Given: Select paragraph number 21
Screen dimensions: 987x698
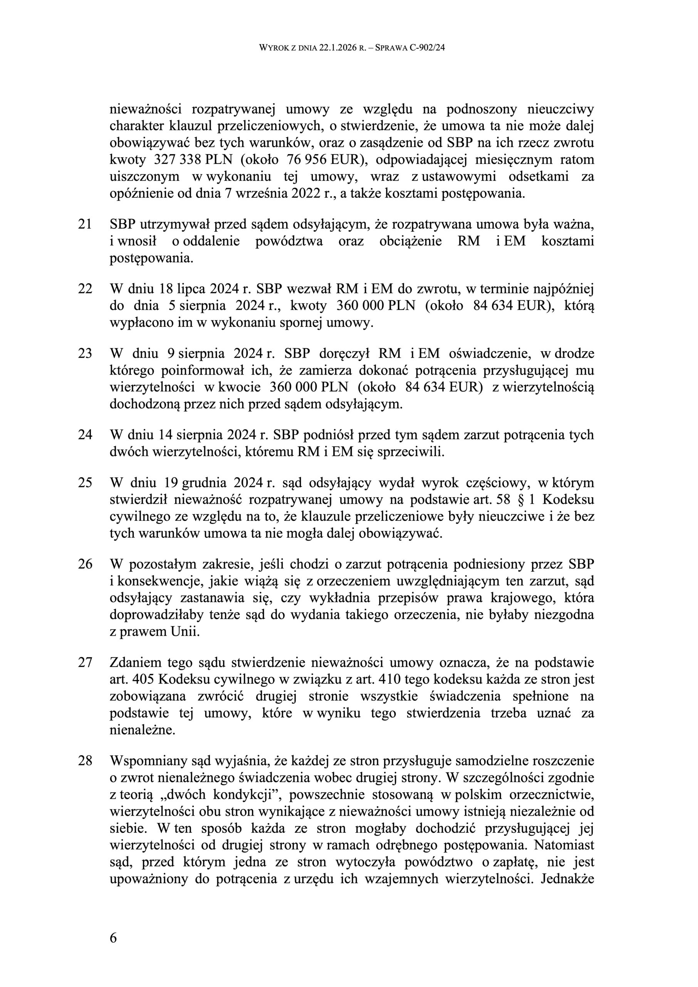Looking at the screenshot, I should [x=85, y=224].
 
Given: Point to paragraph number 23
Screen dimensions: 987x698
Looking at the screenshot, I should [x=85, y=353].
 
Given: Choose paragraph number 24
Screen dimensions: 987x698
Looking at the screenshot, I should [x=85, y=435].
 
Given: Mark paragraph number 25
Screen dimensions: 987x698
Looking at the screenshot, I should [x=85, y=483].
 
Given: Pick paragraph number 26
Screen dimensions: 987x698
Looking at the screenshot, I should [x=85, y=564].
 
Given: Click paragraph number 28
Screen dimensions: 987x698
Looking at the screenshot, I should [x=85, y=760].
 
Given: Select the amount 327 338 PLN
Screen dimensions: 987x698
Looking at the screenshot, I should [x=193, y=160].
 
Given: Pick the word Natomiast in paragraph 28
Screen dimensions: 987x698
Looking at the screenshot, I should [x=564, y=845].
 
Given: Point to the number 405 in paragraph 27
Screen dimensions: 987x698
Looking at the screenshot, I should [x=142, y=679].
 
